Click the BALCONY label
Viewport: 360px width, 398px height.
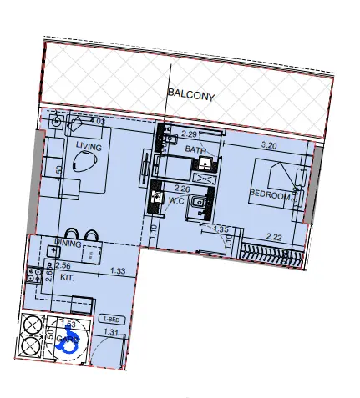point(191,96)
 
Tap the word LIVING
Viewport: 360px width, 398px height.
point(89,147)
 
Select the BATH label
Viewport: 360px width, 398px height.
point(195,149)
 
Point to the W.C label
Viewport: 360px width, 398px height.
point(176,200)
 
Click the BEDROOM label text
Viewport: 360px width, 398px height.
point(272,196)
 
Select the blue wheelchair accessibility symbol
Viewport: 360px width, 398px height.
point(68,340)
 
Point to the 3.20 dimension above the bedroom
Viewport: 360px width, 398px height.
point(269,146)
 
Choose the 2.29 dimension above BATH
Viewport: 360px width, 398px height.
point(189,134)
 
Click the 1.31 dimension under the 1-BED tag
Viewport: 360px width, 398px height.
point(110,333)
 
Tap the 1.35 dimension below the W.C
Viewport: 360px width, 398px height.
point(221,229)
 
